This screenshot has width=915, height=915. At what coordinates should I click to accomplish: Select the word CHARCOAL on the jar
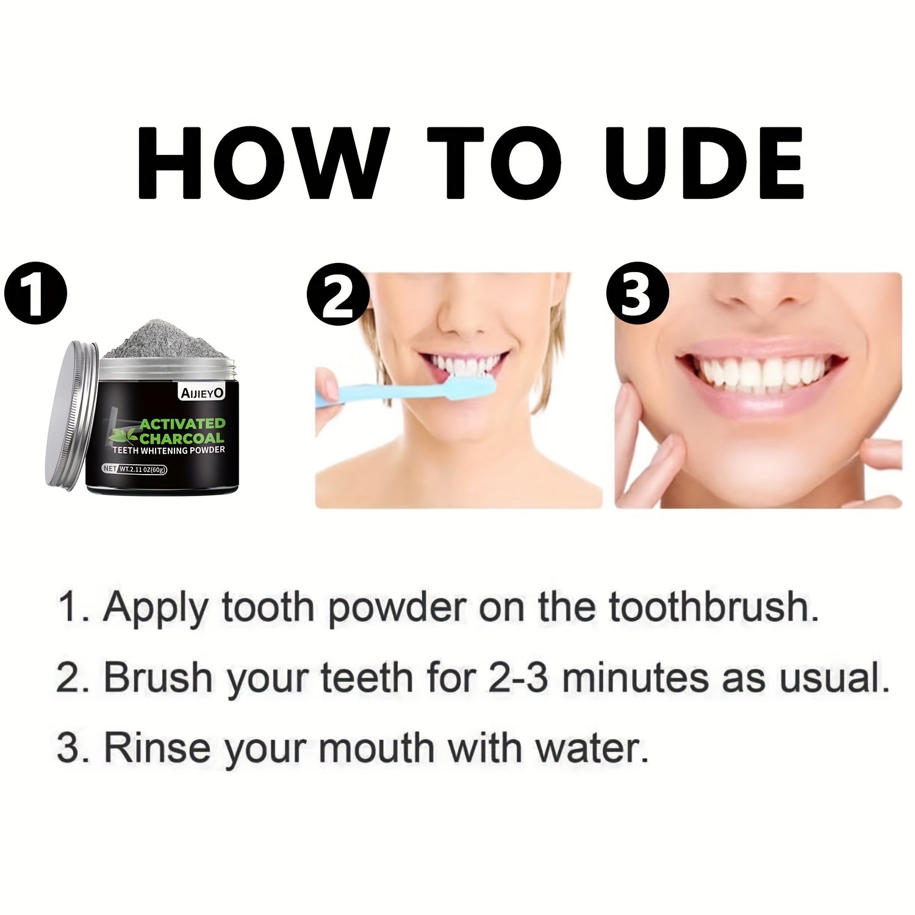pyautogui.click(x=182, y=438)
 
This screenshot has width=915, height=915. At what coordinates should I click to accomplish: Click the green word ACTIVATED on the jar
pyautogui.click(x=182, y=423)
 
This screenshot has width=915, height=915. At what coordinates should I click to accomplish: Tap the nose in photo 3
pyautogui.click(x=756, y=293)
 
